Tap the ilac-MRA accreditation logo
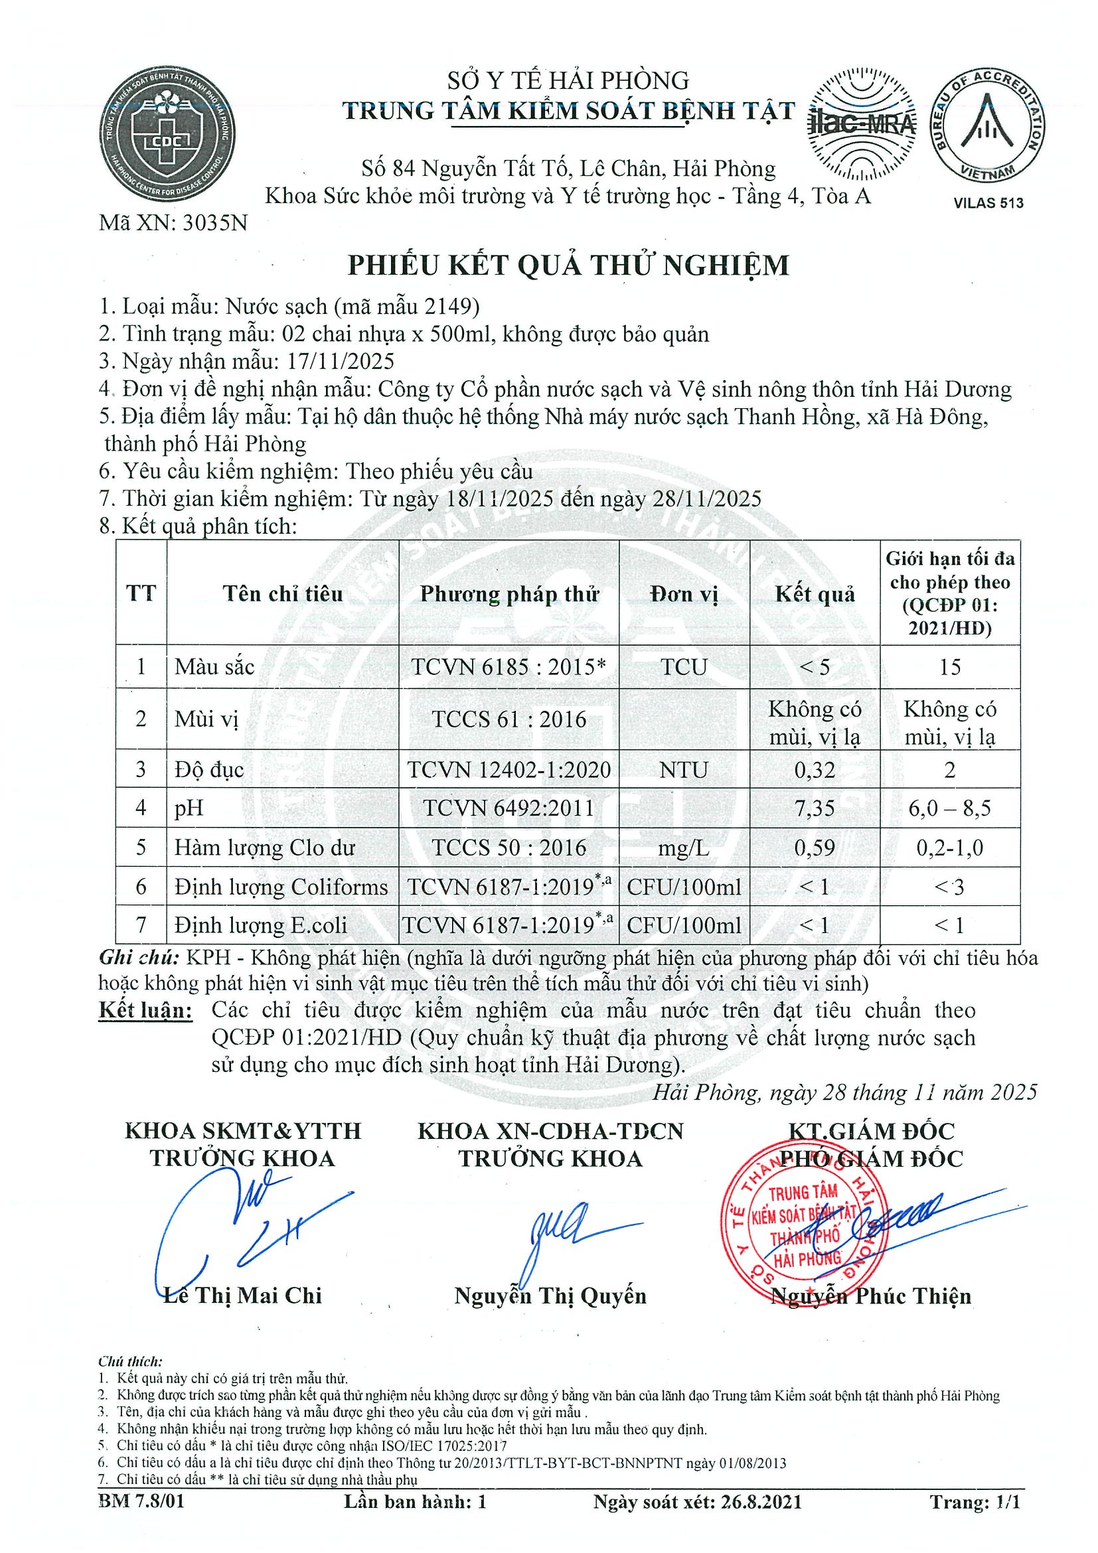(x=861, y=125)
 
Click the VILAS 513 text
(x=988, y=202)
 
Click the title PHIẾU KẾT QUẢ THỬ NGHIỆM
(x=568, y=265)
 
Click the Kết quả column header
(x=815, y=594)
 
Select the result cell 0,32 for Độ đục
(x=815, y=769)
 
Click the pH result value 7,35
(x=815, y=808)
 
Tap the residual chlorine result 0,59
(x=815, y=847)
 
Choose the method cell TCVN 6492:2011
(x=509, y=808)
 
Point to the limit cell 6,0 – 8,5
(x=949, y=808)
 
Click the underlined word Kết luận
(x=145, y=1011)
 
